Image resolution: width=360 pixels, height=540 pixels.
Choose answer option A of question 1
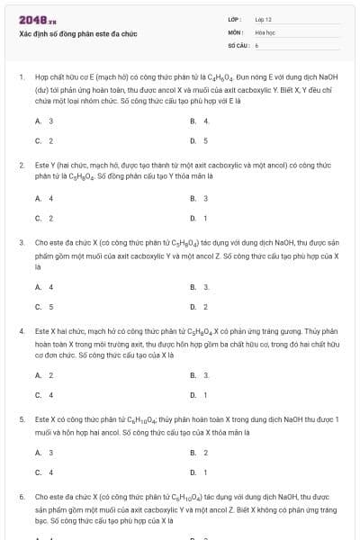click(44, 121)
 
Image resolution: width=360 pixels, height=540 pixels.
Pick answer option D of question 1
click(200, 140)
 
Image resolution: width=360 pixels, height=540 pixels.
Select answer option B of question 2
click(200, 198)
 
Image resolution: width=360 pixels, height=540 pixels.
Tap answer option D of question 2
click(200, 218)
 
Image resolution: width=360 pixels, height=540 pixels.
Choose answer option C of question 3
click(44, 306)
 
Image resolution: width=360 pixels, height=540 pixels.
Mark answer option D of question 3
click(200, 306)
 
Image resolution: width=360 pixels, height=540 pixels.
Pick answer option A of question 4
click(44, 374)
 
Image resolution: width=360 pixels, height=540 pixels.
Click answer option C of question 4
click(44, 394)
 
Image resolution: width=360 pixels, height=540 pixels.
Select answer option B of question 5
click(200, 452)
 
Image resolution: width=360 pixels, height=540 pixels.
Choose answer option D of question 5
click(200, 472)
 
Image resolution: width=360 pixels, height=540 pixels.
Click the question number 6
click(21, 496)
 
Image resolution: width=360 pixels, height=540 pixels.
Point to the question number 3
click(21, 242)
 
